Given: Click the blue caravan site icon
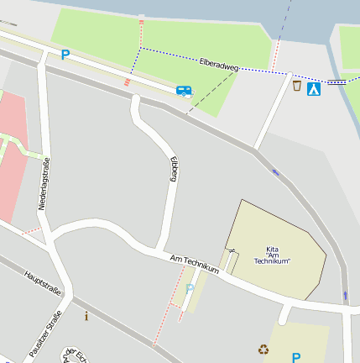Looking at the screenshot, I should [x=184, y=90].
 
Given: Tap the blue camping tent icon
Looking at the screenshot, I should [x=314, y=88].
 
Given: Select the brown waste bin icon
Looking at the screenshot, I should [x=296, y=86].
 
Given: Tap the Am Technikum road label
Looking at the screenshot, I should [x=194, y=264].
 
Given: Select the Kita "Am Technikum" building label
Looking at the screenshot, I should [x=278, y=255].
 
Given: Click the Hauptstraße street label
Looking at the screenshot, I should [x=43, y=283].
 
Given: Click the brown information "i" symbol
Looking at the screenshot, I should [x=86, y=316].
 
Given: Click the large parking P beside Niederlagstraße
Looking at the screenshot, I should [x=65, y=55].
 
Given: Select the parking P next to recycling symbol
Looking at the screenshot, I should [x=295, y=357].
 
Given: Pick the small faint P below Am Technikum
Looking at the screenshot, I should [x=190, y=289].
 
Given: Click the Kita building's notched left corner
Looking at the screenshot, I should [x=227, y=250].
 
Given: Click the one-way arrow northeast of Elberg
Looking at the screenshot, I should [x=276, y=173].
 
